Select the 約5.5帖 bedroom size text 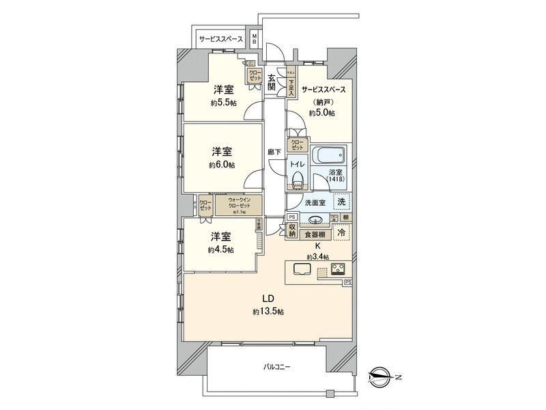[223, 102]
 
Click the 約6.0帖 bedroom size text [222, 165]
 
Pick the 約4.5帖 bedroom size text [220, 249]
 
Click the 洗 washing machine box [341, 202]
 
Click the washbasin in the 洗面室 [315, 220]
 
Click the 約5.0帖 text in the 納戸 [321, 113]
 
